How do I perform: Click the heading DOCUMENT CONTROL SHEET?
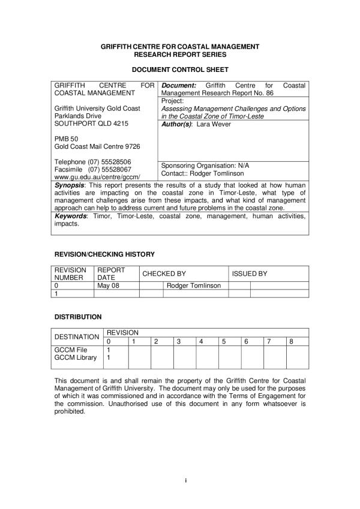(x=179, y=70)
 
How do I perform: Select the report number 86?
(x=269, y=94)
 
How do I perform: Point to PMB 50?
(x=64, y=139)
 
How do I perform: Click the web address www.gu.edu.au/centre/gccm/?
(x=97, y=177)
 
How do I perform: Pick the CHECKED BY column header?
(x=164, y=273)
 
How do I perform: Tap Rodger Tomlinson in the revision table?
(x=193, y=285)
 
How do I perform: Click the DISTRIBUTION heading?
(x=78, y=317)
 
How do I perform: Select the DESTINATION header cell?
(x=77, y=337)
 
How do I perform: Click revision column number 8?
(x=291, y=341)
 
